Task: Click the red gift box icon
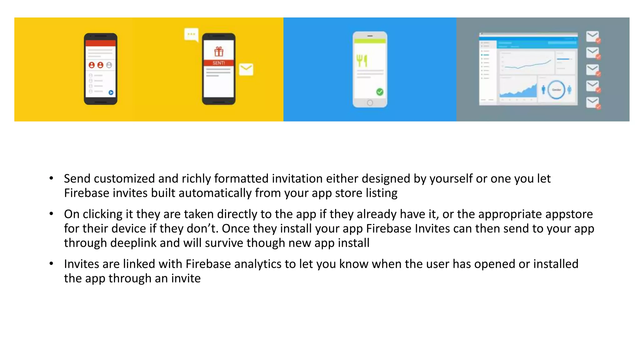(x=219, y=51)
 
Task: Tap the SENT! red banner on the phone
(x=219, y=63)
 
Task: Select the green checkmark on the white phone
(x=380, y=92)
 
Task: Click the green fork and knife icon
(x=362, y=61)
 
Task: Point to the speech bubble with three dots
(x=191, y=35)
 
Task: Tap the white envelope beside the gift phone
(x=246, y=69)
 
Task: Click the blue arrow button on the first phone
(x=111, y=92)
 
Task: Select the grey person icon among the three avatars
(x=109, y=65)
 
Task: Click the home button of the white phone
(x=370, y=103)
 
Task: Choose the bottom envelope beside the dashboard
(x=592, y=102)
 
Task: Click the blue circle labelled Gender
(x=556, y=90)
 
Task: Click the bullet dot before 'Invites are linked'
(x=51, y=263)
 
